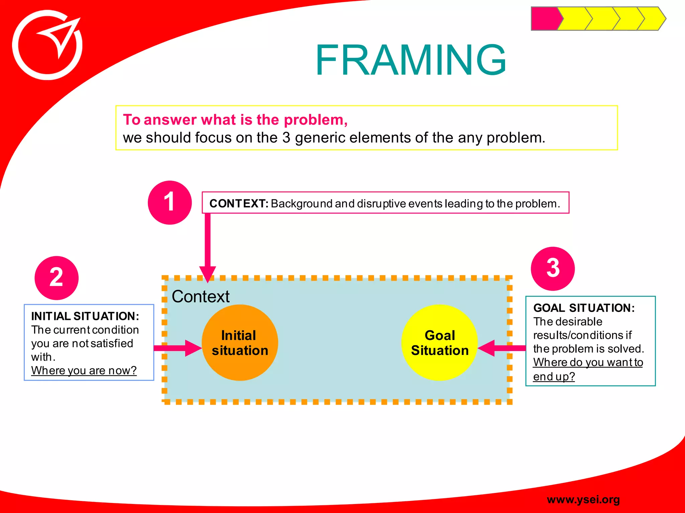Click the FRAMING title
[411, 60]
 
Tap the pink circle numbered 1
[170, 202]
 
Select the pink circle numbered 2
[57, 278]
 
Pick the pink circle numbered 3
[553, 268]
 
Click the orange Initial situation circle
[240, 343]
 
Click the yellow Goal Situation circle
[439, 343]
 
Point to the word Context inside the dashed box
[200, 296]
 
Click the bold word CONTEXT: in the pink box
[239, 203]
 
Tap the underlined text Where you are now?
[84, 370]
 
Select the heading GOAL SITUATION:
[584, 308]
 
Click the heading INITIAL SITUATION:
[85, 316]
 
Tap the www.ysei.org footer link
[583, 499]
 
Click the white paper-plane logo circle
[47, 45]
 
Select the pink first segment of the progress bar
[545, 19]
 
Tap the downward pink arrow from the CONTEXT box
[207, 247]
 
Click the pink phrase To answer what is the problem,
[235, 120]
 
